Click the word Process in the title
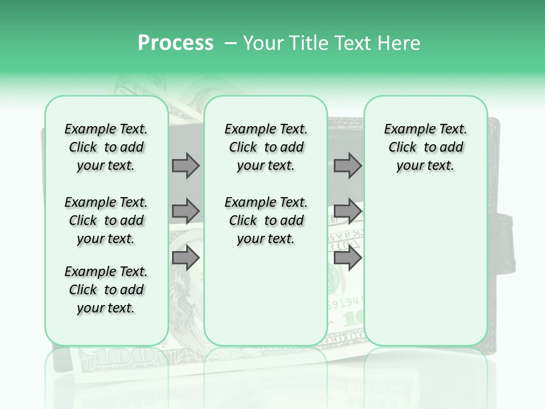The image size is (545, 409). click(x=175, y=43)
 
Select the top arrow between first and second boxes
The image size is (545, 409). click(x=186, y=165)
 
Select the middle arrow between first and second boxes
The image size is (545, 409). click(x=186, y=211)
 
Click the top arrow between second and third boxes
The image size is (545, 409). click(x=347, y=165)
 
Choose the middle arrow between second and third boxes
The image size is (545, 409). click(x=347, y=211)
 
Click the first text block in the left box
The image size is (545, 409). click(x=106, y=147)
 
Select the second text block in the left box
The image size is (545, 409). click(x=106, y=220)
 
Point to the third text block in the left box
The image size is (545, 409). click(x=106, y=290)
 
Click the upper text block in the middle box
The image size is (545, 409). click(x=266, y=147)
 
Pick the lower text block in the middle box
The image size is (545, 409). click(x=266, y=220)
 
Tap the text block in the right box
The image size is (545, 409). click(x=425, y=147)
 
